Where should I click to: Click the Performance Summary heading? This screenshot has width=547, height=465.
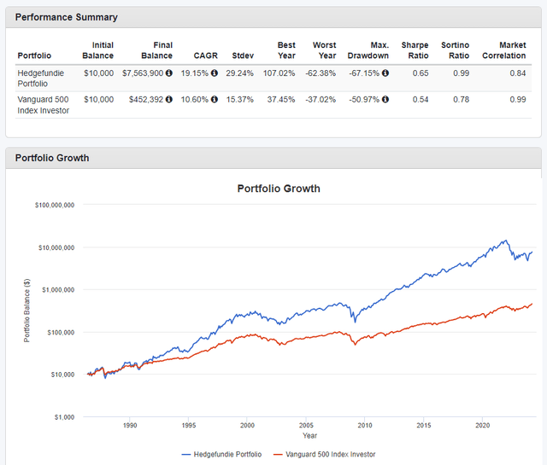click(x=67, y=17)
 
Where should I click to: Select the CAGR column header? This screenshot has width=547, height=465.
click(x=205, y=55)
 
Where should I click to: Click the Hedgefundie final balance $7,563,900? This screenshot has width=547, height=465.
click(x=144, y=73)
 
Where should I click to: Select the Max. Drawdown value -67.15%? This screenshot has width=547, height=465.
click(x=363, y=73)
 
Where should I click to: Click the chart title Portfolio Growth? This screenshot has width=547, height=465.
click(x=279, y=189)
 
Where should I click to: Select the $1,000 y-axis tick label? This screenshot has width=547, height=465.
click(x=64, y=417)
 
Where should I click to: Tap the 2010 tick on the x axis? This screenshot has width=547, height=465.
click(x=364, y=425)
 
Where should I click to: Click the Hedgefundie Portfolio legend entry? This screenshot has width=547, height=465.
click(x=222, y=454)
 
